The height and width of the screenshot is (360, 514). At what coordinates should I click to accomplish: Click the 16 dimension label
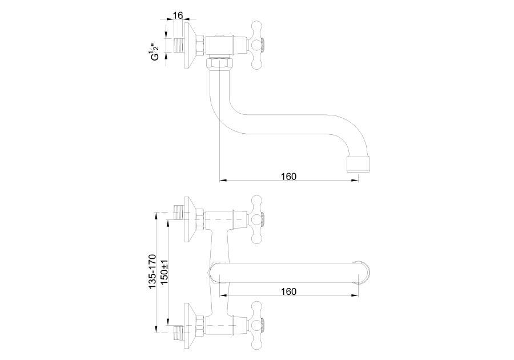(178, 15)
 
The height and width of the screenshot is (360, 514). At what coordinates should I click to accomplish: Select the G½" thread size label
(154, 51)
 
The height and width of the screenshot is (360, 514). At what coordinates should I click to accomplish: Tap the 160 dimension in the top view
(288, 177)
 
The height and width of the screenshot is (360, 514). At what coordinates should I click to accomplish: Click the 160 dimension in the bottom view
(288, 291)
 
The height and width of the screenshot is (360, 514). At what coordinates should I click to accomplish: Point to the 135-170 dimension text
(152, 271)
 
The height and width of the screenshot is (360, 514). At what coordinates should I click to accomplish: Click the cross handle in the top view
(257, 46)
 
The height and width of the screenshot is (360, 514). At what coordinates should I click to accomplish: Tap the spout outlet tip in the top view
(359, 164)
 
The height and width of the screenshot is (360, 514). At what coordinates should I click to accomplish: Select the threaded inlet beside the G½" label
(178, 46)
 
